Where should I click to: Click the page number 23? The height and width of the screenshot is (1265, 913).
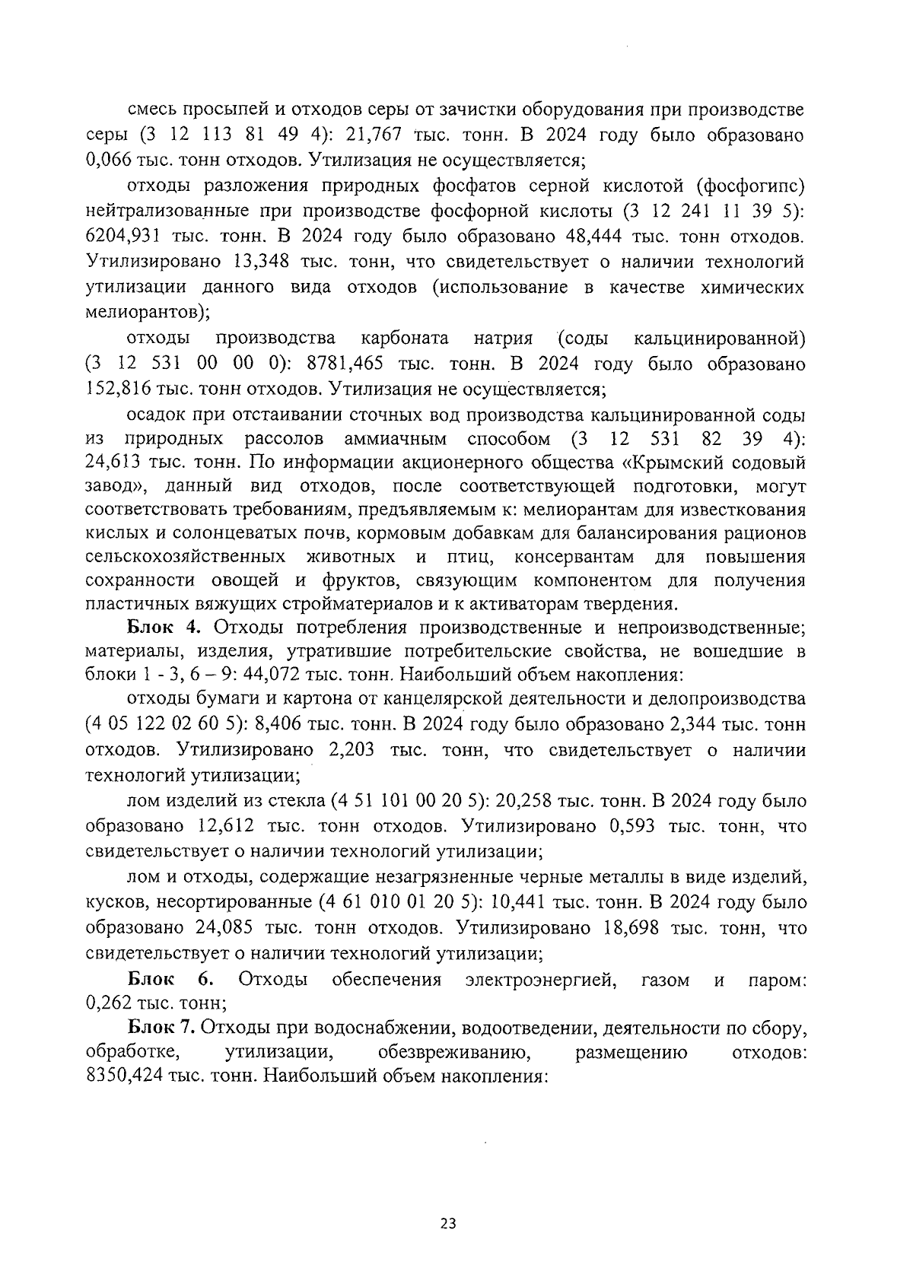point(448,1224)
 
